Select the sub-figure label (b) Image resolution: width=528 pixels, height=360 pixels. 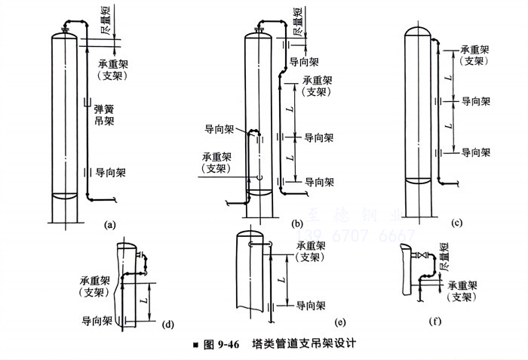(x=298, y=224)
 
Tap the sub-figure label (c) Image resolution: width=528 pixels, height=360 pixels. (x=456, y=223)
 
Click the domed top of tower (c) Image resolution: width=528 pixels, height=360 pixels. (x=419, y=32)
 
